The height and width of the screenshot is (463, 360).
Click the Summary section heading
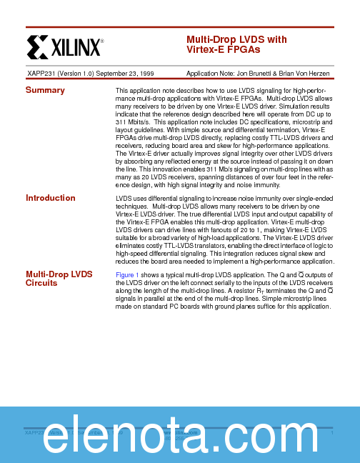tap(45, 90)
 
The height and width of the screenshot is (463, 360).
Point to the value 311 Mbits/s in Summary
tap(136, 122)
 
